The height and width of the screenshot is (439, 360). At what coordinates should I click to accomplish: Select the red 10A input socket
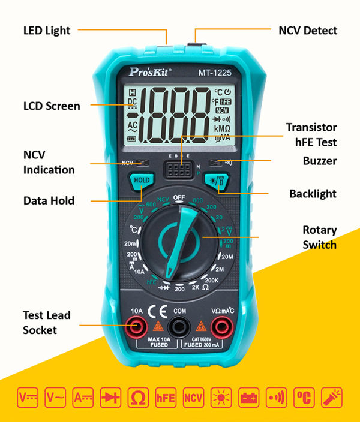137,327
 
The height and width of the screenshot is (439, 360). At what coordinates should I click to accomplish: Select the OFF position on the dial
179,197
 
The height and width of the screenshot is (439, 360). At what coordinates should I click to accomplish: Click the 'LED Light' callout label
47,30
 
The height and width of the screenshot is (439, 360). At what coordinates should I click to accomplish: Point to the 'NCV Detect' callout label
308,30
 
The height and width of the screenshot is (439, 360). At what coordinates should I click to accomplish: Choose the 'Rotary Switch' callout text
319,237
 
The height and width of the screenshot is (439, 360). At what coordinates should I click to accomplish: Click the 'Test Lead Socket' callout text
47,323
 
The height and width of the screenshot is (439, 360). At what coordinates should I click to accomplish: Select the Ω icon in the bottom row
138,397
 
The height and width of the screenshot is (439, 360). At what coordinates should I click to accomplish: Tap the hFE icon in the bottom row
166,397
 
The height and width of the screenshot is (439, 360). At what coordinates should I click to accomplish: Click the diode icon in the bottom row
111,397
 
